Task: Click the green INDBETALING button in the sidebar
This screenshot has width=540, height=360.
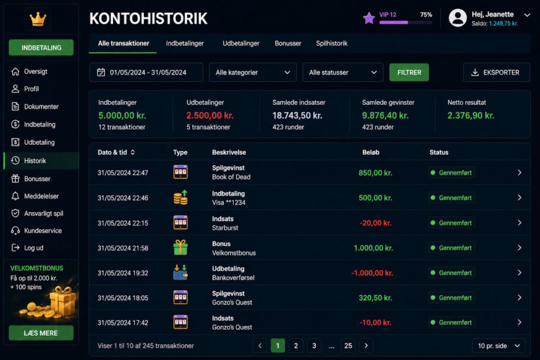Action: coord(41,47)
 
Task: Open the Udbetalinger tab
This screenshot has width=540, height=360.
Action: coord(240,43)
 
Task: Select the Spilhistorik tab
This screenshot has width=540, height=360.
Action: coord(332,43)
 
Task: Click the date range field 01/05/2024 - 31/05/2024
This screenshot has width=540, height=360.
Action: coord(147,72)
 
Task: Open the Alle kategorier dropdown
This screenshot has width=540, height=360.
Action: coord(253,72)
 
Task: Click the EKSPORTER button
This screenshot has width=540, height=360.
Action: coord(496,72)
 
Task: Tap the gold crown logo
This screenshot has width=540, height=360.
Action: coord(38,19)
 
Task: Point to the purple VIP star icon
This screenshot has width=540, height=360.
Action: coord(369,18)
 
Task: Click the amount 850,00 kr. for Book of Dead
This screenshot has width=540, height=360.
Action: coord(375,173)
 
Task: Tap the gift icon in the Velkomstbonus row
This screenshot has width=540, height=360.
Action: coord(180,247)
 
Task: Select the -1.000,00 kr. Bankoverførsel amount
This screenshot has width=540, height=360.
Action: coord(372,273)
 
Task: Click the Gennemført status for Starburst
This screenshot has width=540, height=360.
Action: coord(451,222)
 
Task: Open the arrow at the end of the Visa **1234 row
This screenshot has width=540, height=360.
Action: coord(519,198)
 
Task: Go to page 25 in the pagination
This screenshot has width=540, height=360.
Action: coord(348,346)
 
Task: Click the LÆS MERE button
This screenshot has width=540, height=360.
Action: coord(41,333)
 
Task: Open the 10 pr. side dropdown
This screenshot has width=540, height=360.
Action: coord(499,346)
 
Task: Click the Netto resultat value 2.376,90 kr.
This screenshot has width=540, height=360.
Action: coord(471,115)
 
